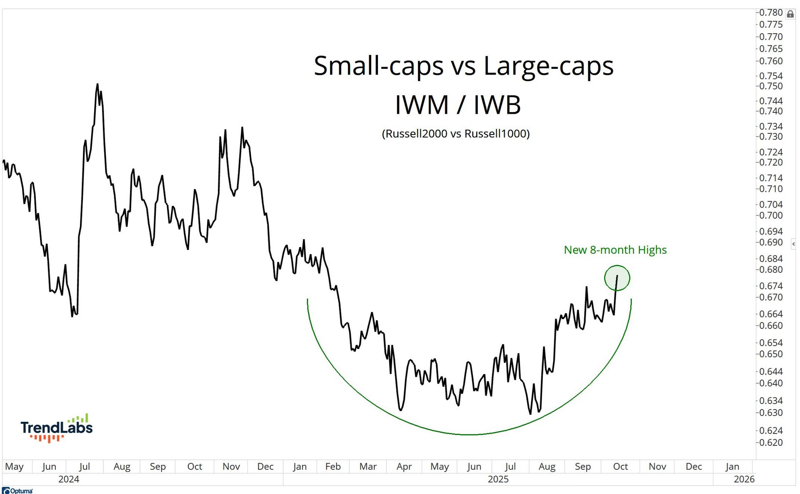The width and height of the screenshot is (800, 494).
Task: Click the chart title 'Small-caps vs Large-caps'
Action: (463, 66)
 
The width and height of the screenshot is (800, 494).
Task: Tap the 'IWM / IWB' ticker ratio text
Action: (457, 105)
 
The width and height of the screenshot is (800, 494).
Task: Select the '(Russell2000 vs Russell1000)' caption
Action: (455, 134)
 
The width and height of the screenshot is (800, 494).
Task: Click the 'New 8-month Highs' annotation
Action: (615, 250)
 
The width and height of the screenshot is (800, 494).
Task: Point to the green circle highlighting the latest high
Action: (617, 278)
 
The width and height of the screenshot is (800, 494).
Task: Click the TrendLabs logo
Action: (57, 428)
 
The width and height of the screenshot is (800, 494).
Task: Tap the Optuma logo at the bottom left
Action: (17, 491)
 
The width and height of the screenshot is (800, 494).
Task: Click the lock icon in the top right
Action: (790, 15)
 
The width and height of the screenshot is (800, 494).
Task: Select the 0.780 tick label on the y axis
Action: (770, 12)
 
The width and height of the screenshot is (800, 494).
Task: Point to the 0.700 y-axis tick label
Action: (770, 215)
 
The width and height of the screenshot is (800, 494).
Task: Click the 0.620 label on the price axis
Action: (770, 443)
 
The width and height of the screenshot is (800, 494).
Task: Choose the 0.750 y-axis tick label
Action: (770, 86)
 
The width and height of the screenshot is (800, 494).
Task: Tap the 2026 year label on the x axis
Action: (744, 479)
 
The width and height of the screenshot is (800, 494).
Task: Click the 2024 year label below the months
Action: (69, 479)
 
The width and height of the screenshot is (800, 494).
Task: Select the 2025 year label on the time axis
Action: (498, 479)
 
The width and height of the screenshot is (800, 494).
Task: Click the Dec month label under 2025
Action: (693, 467)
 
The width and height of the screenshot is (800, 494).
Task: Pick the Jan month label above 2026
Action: (732, 467)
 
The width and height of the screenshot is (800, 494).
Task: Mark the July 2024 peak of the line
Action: (97, 85)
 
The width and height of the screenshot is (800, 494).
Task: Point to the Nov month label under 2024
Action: (231, 467)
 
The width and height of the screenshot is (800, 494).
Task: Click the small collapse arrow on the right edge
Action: (793, 244)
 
